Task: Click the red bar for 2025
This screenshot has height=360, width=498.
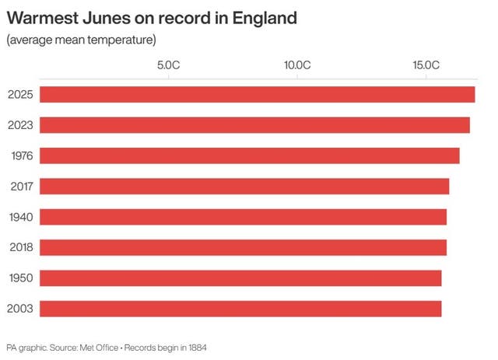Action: click(x=257, y=95)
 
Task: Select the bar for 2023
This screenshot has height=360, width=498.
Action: click(x=254, y=125)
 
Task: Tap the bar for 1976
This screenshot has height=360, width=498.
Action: click(x=249, y=156)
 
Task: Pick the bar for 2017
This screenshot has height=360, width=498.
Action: click(x=244, y=187)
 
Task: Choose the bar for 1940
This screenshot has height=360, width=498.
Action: click(x=243, y=217)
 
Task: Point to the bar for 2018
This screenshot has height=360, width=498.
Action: click(x=243, y=247)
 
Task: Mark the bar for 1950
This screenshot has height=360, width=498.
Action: click(x=240, y=278)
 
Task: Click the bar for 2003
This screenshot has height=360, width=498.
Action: click(x=240, y=309)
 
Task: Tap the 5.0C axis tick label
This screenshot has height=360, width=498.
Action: click(x=169, y=65)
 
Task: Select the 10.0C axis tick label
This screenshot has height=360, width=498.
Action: click(x=297, y=65)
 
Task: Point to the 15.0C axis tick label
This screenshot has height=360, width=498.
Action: click(x=426, y=65)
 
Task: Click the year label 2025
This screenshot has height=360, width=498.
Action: click(x=20, y=95)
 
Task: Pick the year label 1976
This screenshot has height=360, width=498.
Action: click(x=20, y=156)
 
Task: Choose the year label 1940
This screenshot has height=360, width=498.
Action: click(x=20, y=217)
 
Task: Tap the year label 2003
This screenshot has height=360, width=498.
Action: click(x=20, y=309)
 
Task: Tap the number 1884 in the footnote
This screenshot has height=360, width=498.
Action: click(x=196, y=347)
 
